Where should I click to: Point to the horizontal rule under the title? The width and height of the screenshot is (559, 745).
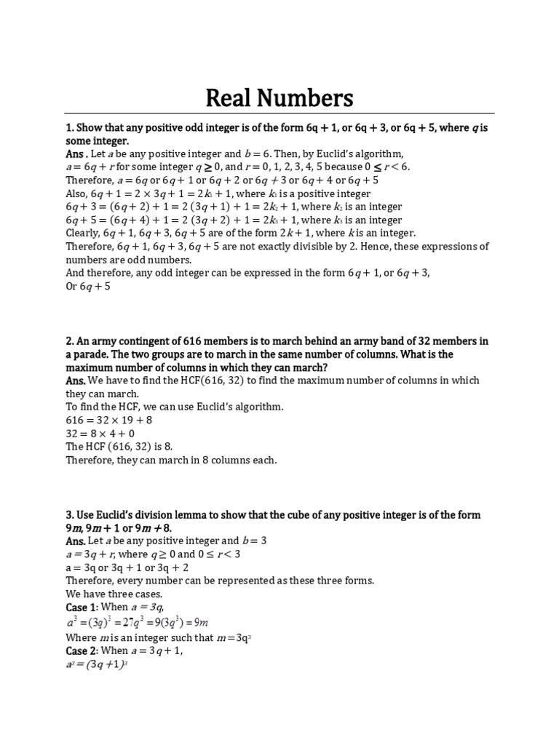279,113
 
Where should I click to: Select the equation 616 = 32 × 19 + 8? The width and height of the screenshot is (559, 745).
110,420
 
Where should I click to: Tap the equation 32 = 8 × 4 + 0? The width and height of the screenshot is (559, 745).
100,433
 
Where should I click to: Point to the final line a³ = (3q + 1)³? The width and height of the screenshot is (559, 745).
97,664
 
